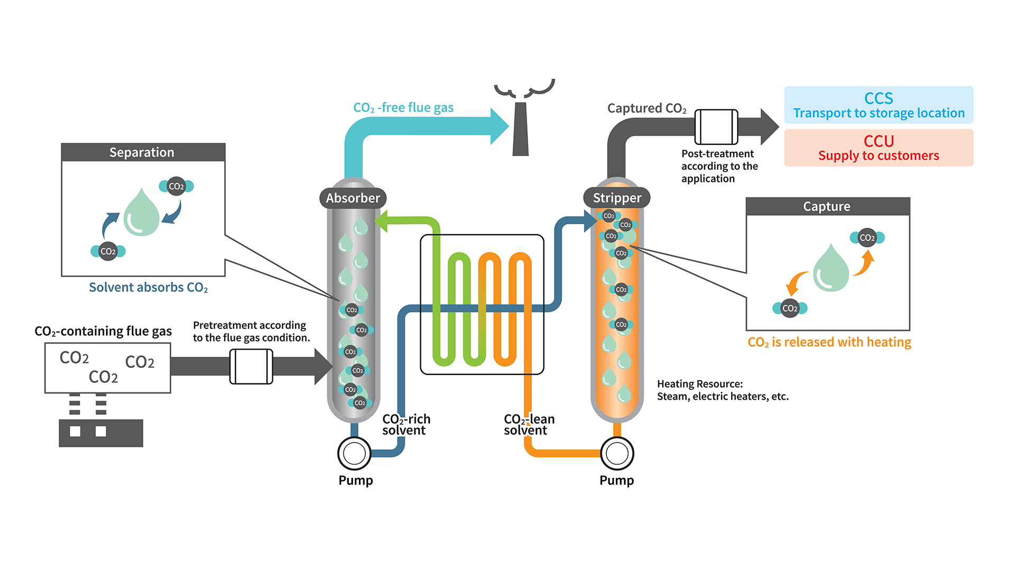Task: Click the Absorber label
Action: click(353, 198)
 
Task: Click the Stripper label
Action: click(617, 198)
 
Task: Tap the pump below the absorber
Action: click(354, 453)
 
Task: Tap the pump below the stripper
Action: click(617, 453)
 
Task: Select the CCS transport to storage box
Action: click(879, 105)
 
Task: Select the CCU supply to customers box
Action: click(879, 148)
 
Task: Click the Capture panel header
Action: click(827, 206)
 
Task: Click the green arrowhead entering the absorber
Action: click(382, 221)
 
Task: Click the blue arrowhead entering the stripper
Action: click(590, 221)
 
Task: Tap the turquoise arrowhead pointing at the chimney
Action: click(499, 126)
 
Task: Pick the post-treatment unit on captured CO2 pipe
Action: click(716, 127)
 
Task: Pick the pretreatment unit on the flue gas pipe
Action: click(251, 366)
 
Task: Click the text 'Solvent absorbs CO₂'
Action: click(149, 288)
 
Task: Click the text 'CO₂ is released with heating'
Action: click(829, 342)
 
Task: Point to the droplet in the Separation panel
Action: click(141, 213)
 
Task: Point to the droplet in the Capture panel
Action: click(831, 268)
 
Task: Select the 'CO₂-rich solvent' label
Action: click(406, 425)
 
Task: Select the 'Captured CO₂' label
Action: click(647, 108)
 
